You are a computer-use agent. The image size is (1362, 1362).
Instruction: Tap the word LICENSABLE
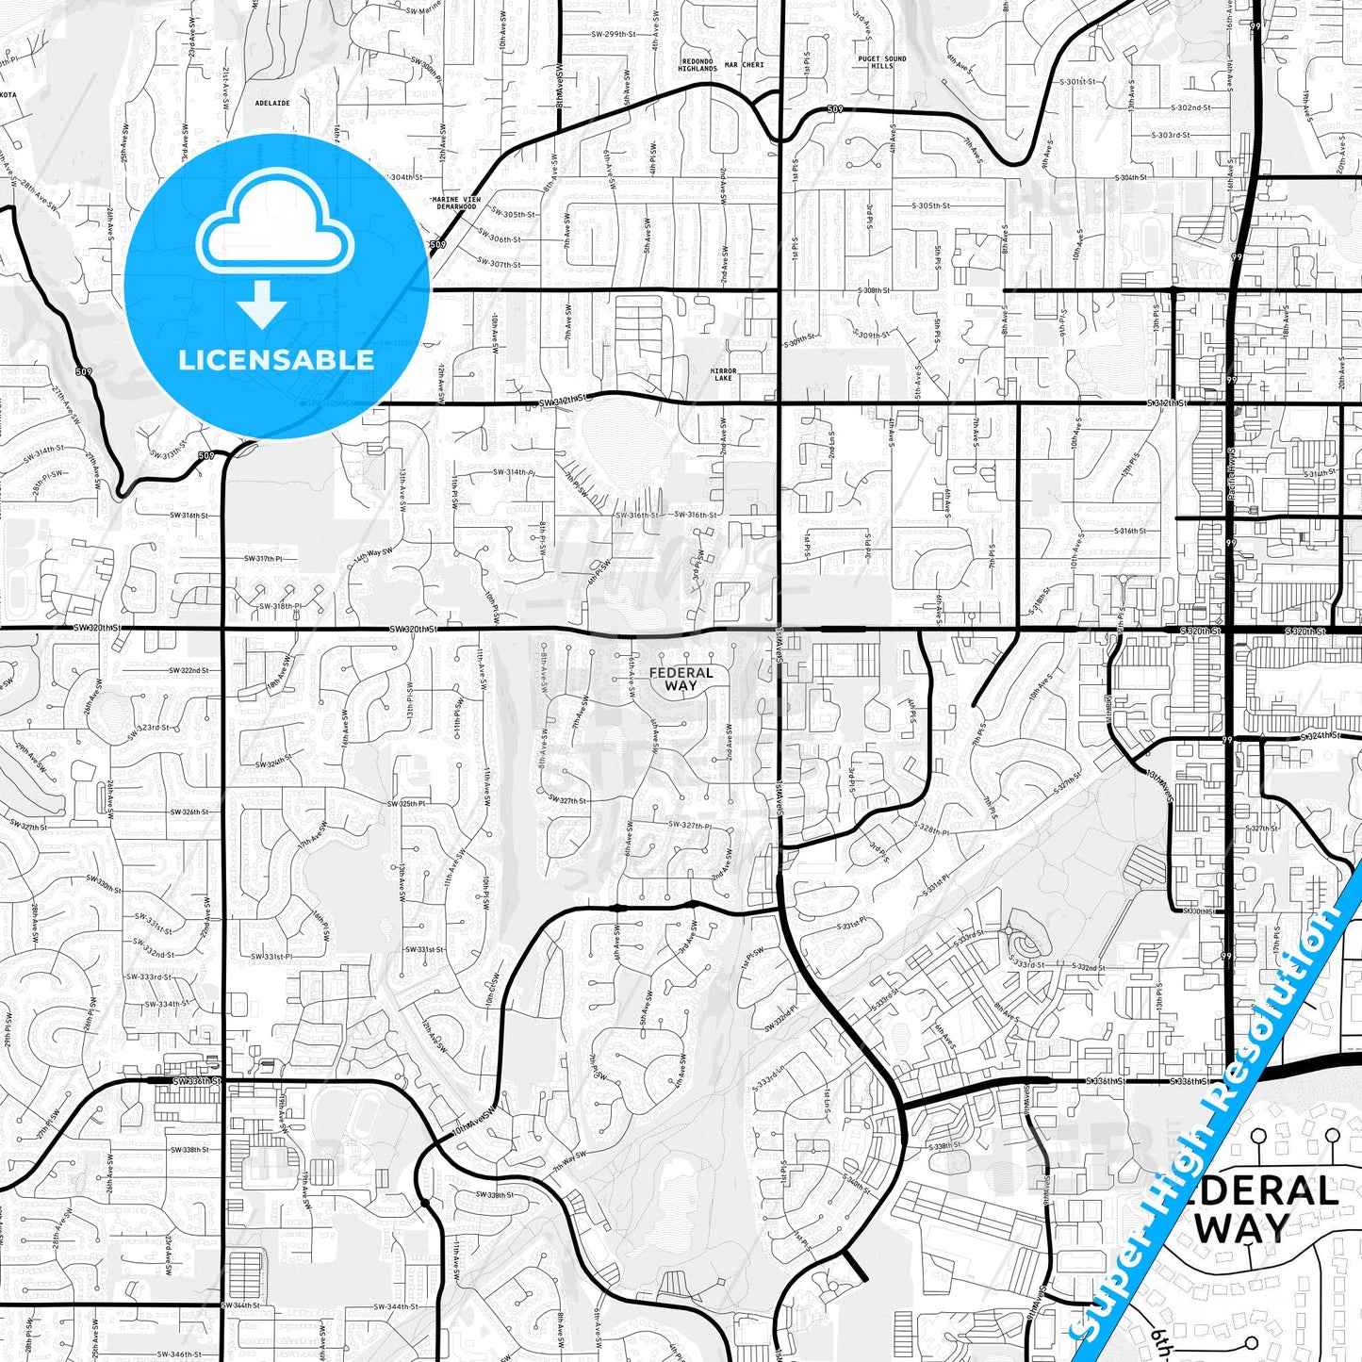click(276, 359)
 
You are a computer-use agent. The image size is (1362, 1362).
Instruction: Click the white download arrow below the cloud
click(262, 304)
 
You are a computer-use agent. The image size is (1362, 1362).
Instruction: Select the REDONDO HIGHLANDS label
click(698, 65)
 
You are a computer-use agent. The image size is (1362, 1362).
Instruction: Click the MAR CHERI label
click(745, 65)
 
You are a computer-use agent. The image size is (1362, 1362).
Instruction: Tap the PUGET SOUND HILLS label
click(881, 62)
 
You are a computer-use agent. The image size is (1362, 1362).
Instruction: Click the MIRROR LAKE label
click(723, 374)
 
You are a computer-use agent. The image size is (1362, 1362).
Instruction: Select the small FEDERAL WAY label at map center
click(681, 679)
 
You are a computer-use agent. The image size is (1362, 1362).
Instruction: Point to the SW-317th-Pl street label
click(263, 559)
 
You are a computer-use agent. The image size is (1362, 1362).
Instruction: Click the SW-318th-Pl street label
click(281, 606)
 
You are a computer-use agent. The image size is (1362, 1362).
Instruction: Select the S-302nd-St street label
click(1183, 108)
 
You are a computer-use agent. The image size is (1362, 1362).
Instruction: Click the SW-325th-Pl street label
click(406, 804)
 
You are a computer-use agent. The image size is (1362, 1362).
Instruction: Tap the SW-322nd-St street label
click(188, 670)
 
